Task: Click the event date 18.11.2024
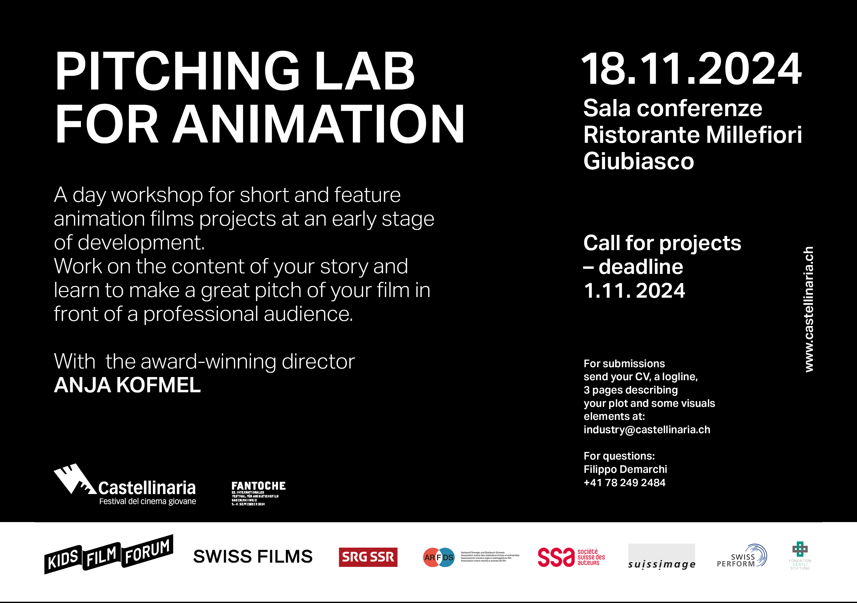pyautogui.click(x=691, y=70)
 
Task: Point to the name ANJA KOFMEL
pyautogui.click(x=127, y=385)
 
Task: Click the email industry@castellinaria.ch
pyautogui.click(x=647, y=429)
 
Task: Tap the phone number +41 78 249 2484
pyautogui.click(x=624, y=482)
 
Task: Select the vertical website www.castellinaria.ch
pyautogui.click(x=808, y=309)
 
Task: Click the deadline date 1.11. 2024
pyautogui.click(x=634, y=291)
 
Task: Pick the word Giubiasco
pyautogui.click(x=638, y=161)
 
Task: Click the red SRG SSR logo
pyautogui.click(x=368, y=557)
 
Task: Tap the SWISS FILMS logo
pyautogui.click(x=253, y=556)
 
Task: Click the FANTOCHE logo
pyautogui.click(x=258, y=493)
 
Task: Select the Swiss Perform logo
pyautogui.click(x=741, y=556)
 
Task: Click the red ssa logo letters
pyautogui.click(x=556, y=557)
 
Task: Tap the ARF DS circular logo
pyautogui.click(x=439, y=557)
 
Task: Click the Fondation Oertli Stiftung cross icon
pyautogui.click(x=800, y=549)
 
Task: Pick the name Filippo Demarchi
pyautogui.click(x=625, y=469)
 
